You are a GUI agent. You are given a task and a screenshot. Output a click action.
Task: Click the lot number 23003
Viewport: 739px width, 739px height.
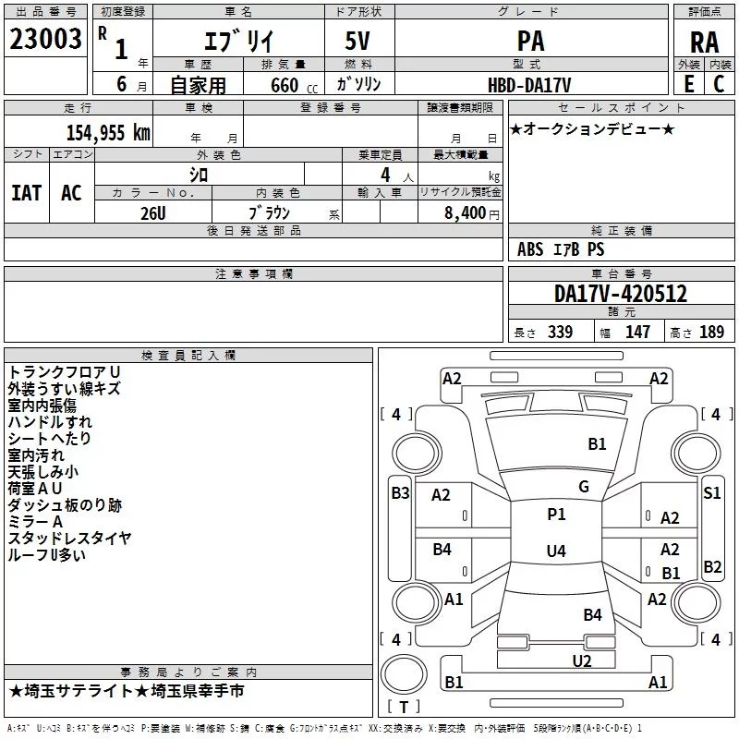(x=45, y=39)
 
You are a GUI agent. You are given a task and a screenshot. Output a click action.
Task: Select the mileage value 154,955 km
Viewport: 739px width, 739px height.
(x=108, y=132)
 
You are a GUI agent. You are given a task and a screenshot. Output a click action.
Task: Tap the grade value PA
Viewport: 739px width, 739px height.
(x=530, y=41)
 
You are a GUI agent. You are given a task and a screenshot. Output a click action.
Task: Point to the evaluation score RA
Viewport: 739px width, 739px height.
(x=705, y=42)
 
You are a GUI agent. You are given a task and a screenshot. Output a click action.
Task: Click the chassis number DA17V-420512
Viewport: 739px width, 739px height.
(x=621, y=294)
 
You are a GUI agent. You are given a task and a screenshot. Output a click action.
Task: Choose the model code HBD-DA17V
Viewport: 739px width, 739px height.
(x=529, y=85)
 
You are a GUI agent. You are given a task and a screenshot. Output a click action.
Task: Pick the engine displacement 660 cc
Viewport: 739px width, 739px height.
(x=294, y=85)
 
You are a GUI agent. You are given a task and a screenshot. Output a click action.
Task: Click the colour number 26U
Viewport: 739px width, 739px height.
(x=153, y=213)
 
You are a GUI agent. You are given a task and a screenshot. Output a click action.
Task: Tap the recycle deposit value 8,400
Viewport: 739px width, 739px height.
(x=466, y=212)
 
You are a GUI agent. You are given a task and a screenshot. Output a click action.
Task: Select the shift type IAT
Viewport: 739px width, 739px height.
(x=27, y=193)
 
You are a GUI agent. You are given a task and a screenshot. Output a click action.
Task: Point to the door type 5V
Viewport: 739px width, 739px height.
(x=357, y=41)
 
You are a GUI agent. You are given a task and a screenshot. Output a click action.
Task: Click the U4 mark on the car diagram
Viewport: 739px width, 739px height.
(x=556, y=551)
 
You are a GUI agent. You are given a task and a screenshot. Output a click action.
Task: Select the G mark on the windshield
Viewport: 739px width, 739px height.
(x=584, y=487)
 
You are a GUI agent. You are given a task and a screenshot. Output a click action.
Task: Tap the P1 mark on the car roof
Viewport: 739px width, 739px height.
(x=556, y=515)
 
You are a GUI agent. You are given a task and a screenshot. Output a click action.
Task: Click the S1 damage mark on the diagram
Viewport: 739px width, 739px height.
(x=711, y=493)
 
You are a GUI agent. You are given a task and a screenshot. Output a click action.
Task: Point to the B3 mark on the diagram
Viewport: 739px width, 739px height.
(x=400, y=493)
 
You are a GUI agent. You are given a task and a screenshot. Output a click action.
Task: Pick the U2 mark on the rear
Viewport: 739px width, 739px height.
(x=582, y=661)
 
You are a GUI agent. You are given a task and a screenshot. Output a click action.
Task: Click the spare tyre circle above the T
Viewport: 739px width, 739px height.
(x=404, y=673)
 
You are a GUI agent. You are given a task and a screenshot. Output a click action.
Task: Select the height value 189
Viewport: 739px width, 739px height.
(x=711, y=332)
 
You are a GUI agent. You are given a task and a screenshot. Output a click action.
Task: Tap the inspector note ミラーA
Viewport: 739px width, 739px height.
(x=35, y=522)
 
